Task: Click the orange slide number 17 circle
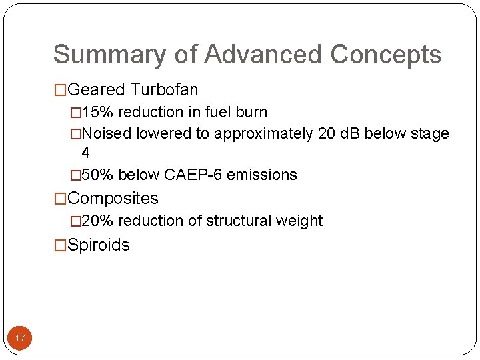(x=20, y=339)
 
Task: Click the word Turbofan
(x=165, y=89)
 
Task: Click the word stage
(x=428, y=134)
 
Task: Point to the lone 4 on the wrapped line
(x=85, y=153)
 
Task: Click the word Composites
(x=113, y=199)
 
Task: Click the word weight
(x=303, y=221)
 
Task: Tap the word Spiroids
(x=99, y=245)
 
